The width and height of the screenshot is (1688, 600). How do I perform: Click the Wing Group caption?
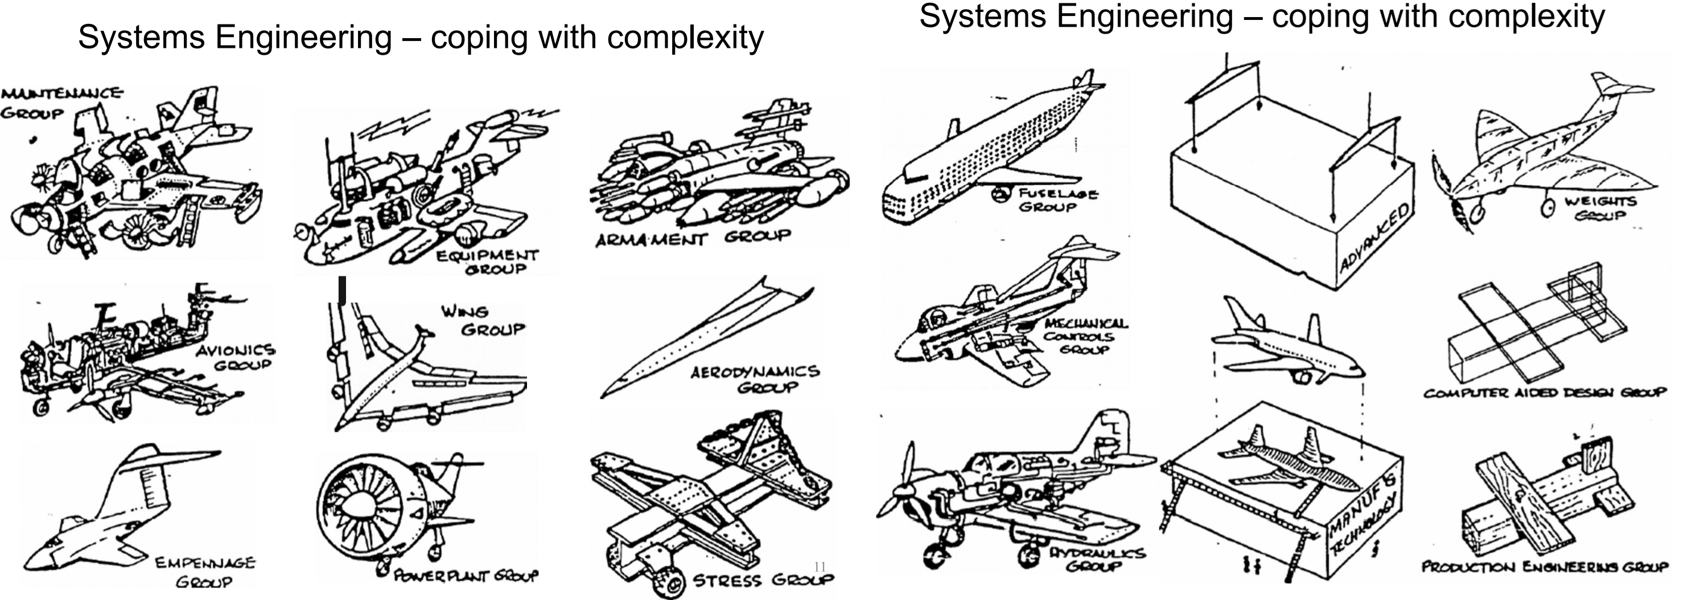pyautogui.click(x=484, y=320)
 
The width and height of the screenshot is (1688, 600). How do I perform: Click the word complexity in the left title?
pyautogui.click(x=685, y=38)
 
